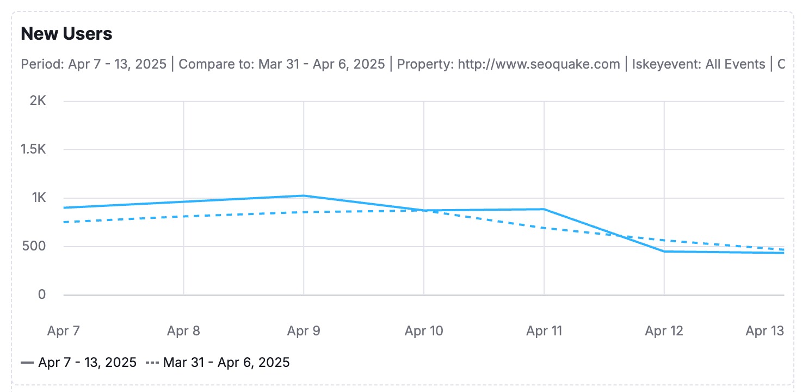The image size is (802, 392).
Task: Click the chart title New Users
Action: click(66, 34)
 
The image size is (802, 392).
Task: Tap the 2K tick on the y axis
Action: click(38, 101)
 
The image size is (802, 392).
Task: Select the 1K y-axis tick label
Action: click(38, 198)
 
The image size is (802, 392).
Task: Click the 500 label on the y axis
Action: click(35, 246)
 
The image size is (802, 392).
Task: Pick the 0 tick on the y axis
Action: click(41, 295)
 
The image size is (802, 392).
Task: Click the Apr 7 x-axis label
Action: click(64, 330)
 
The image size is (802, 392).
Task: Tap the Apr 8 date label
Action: click(184, 330)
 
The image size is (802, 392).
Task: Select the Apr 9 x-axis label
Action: click(304, 330)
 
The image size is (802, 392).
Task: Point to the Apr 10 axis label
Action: click(424, 330)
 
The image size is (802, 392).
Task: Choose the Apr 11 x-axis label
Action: click(544, 330)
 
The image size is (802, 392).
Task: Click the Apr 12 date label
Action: click(664, 330)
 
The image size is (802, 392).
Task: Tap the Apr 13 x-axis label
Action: click(764, 330)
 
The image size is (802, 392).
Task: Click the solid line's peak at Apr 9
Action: click(304, 195)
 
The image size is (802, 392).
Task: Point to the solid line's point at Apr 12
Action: click(664, 252)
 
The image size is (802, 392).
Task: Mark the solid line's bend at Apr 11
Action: click(544, 209)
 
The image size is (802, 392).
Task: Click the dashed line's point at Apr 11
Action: click(544, 228)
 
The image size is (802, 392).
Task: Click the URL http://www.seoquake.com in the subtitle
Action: click(539, 64)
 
